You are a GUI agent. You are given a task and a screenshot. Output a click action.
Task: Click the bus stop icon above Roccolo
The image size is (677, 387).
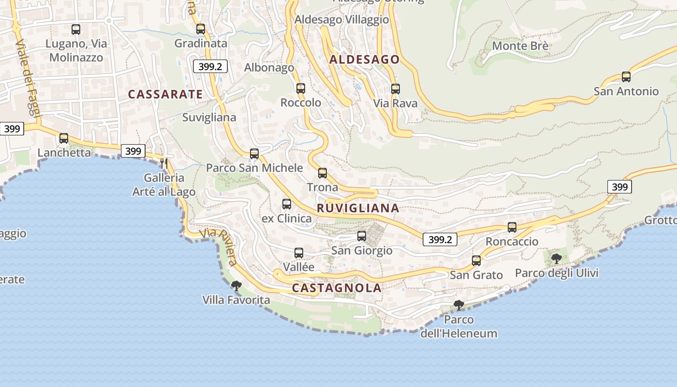click(301, 89)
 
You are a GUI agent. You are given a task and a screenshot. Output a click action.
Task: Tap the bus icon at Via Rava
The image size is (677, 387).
click(396, 89)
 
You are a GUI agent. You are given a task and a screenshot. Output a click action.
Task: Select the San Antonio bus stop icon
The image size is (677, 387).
click(626, 77)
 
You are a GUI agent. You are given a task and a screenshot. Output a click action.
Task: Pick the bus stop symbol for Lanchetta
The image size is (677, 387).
click(64, 138)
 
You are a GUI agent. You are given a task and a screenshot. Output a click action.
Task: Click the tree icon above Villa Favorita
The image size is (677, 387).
click(236, 286)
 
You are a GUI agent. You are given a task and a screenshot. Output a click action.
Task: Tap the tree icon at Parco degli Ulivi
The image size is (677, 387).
click(557, 258)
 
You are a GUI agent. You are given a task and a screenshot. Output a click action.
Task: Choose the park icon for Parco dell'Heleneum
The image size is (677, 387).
click(459, 305)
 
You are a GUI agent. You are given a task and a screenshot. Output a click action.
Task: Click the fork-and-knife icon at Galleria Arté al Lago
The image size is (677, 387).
click(164, 164)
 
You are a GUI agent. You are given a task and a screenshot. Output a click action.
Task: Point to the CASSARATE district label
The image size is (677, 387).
click(165, 94)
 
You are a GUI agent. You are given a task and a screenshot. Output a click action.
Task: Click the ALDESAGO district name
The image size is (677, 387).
click(365, 60)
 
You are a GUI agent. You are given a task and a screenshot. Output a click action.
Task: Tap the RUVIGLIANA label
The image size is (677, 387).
click(358, 208)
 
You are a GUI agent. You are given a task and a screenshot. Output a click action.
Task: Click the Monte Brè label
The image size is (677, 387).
click(520, 46)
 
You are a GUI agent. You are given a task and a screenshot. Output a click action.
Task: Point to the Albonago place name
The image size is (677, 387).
click(269, 68)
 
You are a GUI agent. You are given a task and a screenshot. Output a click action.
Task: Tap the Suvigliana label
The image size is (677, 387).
click(209, 118)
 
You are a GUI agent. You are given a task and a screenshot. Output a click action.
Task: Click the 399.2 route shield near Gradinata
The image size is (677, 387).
click(210, 67)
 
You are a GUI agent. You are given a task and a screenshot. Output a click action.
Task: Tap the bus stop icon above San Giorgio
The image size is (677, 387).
click(362, 236)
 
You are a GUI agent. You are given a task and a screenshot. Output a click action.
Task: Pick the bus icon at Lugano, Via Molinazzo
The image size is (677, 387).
click(76, 30)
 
